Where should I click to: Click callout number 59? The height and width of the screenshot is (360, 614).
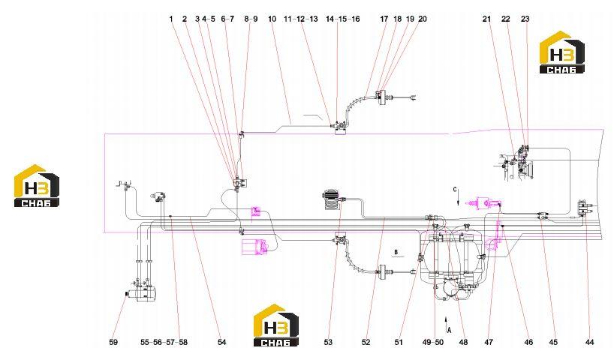[113, 343]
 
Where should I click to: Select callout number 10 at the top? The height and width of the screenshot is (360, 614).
[272, 19]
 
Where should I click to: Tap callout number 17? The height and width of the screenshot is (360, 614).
[384, 19]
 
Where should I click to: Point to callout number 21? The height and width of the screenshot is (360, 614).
[486, 19]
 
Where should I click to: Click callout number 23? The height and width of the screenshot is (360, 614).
[525, 19]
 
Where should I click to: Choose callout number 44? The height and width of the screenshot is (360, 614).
[589, 343]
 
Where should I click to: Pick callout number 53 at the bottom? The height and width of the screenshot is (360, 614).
[328, 343]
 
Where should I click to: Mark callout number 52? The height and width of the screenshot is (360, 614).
[366, 343]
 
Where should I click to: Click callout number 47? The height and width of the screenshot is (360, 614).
[489, 343]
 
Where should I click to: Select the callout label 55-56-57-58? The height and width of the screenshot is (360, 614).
[164, 343]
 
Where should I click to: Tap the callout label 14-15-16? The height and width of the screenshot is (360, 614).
[342, 19]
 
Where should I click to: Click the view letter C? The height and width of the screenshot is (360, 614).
[455, 190]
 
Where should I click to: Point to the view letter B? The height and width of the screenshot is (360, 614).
[396, 253]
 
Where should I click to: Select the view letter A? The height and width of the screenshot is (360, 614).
[450, 330]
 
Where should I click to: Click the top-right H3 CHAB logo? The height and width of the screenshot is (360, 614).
[562, 52]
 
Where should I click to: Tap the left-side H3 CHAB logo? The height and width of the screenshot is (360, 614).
[37, 185]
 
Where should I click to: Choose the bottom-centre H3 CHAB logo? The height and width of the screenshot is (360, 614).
[276, 325]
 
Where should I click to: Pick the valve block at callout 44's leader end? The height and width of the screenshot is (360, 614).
[584, 208]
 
